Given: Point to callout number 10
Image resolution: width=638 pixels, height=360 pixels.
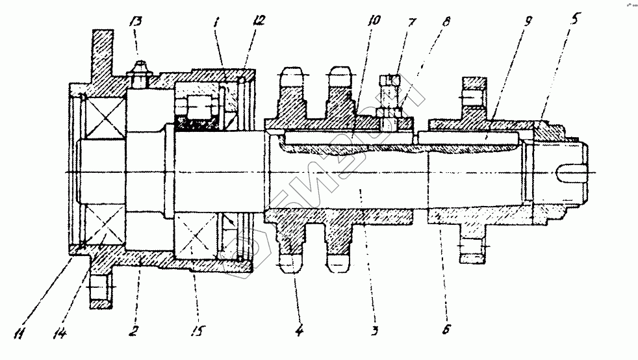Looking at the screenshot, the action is point(373,21).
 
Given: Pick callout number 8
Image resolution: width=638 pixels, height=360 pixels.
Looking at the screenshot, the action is point(445,21).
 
